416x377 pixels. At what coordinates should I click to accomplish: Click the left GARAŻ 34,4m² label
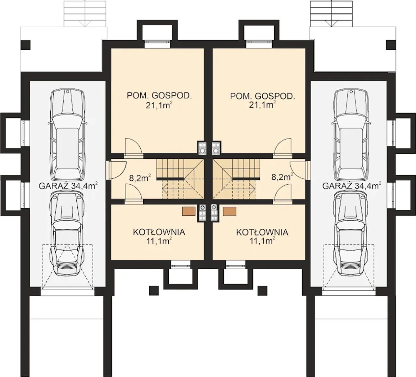68,185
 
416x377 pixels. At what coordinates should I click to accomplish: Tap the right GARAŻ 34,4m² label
352,185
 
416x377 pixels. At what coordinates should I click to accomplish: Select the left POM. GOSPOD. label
159,96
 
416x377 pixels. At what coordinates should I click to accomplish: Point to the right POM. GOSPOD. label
263,96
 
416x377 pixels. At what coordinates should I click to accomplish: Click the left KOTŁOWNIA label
159,232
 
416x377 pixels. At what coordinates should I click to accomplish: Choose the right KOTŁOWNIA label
262,232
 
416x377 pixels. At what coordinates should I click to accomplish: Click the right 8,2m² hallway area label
282,177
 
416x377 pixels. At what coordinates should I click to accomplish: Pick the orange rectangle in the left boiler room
189,212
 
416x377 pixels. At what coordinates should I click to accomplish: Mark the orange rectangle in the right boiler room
229,212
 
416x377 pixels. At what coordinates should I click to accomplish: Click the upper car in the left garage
67,134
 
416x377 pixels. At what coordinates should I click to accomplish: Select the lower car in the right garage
351,234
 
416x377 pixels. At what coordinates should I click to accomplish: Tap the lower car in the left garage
67,234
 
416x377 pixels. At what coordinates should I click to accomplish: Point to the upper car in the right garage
351,134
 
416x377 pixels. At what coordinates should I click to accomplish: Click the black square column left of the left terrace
25,45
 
